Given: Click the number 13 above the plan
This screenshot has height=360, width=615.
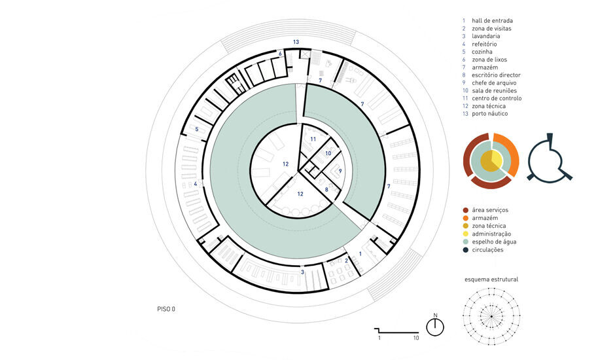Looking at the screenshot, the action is pos(296,42).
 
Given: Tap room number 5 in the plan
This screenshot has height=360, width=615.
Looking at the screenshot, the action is pos(196,129).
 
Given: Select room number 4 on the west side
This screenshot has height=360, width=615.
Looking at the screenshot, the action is pos(196,184).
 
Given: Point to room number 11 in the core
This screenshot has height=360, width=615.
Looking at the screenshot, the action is pos(313,139).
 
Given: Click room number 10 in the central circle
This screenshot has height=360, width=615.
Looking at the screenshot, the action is pos(328,153).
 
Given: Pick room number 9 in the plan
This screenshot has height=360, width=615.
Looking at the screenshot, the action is pos(340,171).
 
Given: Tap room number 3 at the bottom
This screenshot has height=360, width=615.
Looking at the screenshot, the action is pos(302,272).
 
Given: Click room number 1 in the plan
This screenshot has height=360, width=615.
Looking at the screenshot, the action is pos(360,254).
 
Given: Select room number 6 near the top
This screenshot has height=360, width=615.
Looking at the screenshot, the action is pos(280,54).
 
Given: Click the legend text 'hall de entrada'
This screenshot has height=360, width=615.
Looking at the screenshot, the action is pos(492,21).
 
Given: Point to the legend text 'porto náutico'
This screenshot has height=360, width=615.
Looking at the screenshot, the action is pos(490,113).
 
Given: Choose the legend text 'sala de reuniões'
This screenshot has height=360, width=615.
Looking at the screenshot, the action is pos(494,91).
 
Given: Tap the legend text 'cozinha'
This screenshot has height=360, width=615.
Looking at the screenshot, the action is pos(482,52).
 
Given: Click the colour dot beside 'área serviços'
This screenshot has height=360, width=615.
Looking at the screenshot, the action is pos(466,210).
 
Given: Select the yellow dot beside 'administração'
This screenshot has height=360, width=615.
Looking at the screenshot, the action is pos(466,234).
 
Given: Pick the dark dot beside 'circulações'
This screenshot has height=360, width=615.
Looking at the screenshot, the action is pos(466,249).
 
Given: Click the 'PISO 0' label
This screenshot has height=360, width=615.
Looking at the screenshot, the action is pos(166,309).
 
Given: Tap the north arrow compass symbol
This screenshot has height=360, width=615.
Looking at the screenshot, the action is pos(435,326).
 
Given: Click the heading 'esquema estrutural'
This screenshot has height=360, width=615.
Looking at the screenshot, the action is pos(491,279).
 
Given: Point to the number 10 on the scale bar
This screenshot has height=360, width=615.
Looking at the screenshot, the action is pos(415,338).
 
